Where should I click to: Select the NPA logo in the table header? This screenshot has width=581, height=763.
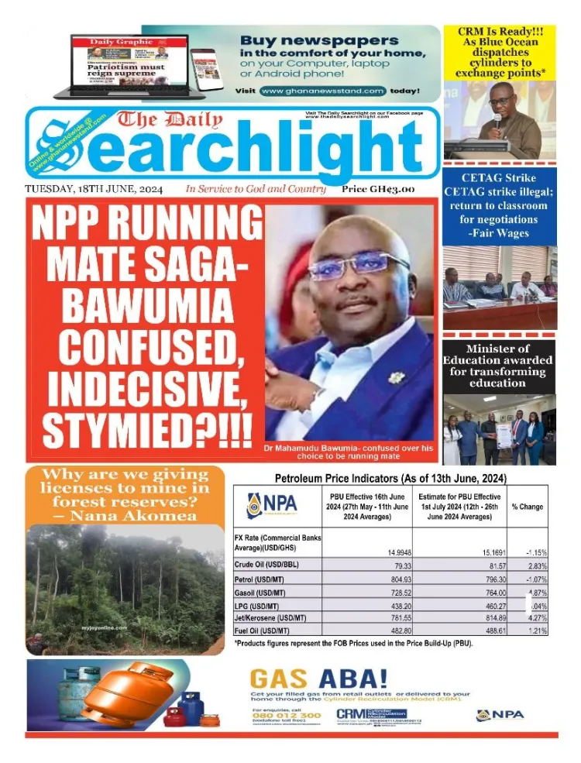click(273, 506)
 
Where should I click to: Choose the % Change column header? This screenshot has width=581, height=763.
click(527, 507)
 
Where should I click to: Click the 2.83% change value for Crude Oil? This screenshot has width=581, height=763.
click(535, 565)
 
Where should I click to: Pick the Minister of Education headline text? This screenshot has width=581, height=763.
click(498, 366)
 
